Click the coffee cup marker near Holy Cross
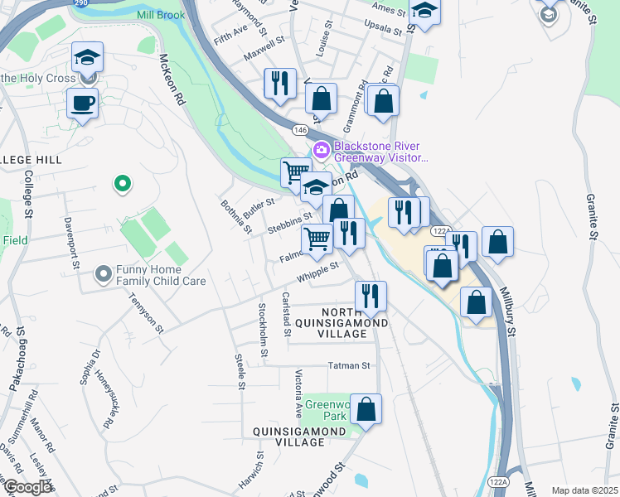(81, 104)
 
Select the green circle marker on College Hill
(123, 183)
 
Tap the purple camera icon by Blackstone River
(321, 150)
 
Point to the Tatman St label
(351, 364)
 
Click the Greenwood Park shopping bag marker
(366, 409)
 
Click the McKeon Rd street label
(172, 79)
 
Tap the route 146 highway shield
(299, 129)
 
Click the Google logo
(26, 486)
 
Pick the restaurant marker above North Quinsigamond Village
(371, 297)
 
